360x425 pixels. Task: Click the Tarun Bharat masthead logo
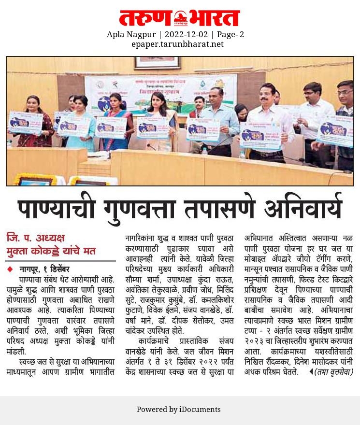[180, 18]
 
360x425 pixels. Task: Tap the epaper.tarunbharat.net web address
[178, 44]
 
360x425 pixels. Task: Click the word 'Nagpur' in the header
[143, 35]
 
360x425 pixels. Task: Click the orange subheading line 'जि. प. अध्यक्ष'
[35, 238]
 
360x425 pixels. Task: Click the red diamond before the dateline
[10, 269]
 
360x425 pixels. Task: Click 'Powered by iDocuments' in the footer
[179, 410]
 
